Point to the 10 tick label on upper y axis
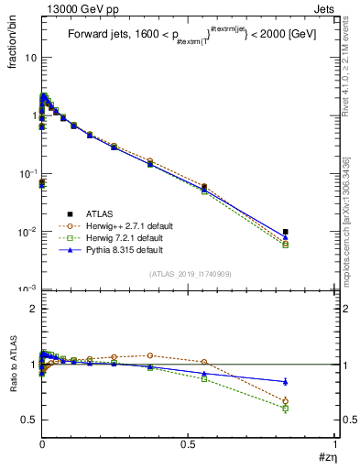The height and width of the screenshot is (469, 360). [x=30, y=57]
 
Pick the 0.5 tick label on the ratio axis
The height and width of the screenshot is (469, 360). [x=29, y=420]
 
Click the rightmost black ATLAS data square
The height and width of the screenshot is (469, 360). [x=311, y=232]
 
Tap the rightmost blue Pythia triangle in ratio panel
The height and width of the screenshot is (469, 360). [x=311, y=381]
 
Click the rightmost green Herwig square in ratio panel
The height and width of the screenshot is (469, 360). [x=311, y=408]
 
